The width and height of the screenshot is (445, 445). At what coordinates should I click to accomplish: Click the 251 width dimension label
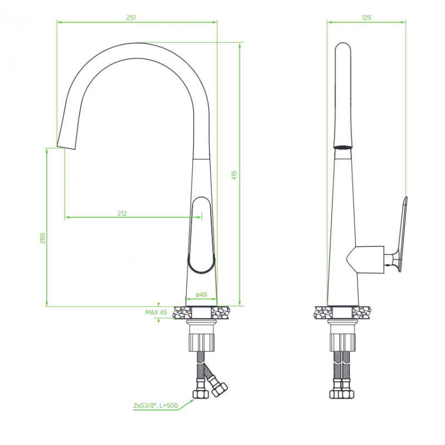click(131, 18)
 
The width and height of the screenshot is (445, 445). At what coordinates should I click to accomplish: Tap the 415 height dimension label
click(234, 175)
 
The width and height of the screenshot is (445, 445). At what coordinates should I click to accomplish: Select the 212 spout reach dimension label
click(122, 213)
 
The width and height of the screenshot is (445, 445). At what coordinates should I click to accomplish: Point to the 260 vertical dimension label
click(42, 238)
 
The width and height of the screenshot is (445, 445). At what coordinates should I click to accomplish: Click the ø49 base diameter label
click(201, 295)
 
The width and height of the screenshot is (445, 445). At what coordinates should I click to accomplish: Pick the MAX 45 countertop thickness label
click(156, 312)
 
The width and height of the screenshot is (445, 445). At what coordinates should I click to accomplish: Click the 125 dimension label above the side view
click(367, 18)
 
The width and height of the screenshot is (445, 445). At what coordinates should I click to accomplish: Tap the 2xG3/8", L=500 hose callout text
click(156, 406)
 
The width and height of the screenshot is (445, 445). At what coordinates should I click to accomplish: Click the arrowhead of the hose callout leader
click(192, 400)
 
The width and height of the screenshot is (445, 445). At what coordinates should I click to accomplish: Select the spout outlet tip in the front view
click(66, 147)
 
